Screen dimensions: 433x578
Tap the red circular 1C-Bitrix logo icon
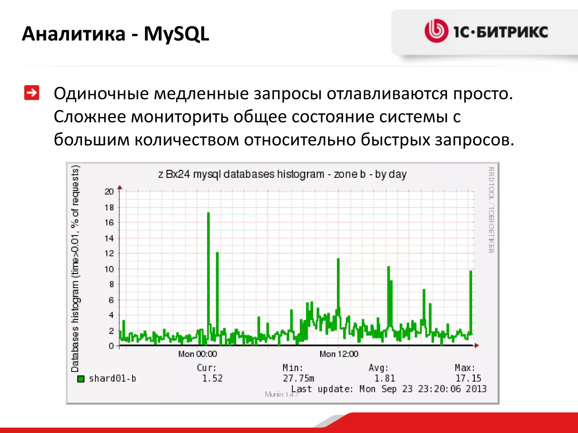pos(436,31)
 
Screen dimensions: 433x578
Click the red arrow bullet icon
pos(32,93)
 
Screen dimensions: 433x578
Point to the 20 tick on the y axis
pos(109,192)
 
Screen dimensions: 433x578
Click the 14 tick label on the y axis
pos(109,238)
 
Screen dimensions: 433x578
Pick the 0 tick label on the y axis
pos(111,346)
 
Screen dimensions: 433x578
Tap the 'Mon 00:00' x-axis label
pos(198,354)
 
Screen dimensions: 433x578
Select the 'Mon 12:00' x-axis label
pos(339,354)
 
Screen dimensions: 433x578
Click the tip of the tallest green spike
pos(208,213)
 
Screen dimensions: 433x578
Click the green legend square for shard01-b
pos(81,379)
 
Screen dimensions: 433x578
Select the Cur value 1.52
pos(212,378)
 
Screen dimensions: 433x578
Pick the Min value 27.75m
pos(298,378)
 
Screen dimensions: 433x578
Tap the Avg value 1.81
pos(384,378)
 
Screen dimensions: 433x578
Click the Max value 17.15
pos(468,378)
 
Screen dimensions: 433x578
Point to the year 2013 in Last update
pos(476,389)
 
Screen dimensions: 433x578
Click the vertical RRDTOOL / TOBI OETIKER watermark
pos(491,210)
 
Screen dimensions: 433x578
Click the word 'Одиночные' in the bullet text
pos(101,94)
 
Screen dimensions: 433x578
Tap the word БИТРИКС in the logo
pos(512,32)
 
